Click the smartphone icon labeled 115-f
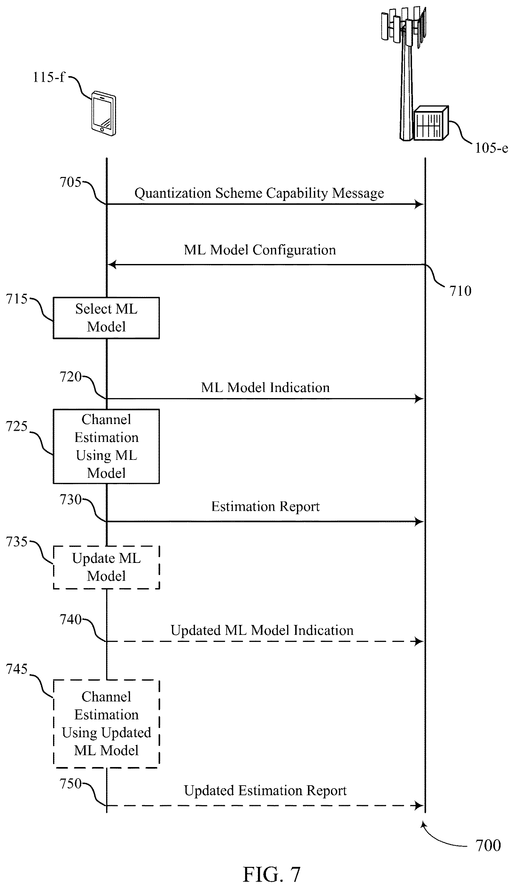[104, 114]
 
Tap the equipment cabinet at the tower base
[431, 123]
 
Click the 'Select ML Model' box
[106, 318]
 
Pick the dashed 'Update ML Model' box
[106, 567]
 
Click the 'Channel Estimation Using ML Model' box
[106, 446]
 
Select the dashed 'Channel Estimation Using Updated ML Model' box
[106, 724]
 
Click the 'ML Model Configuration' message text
[260, 250]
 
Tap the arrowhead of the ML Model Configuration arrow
[112, 264]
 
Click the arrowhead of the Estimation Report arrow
[419, 522]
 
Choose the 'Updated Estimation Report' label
[265, 790]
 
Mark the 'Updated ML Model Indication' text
[262, 630]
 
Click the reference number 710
[460, 291]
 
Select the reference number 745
[17, 669]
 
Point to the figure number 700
[488, 846]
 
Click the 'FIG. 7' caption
[271, 875]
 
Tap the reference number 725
[17, 426]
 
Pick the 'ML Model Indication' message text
[265, 388]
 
